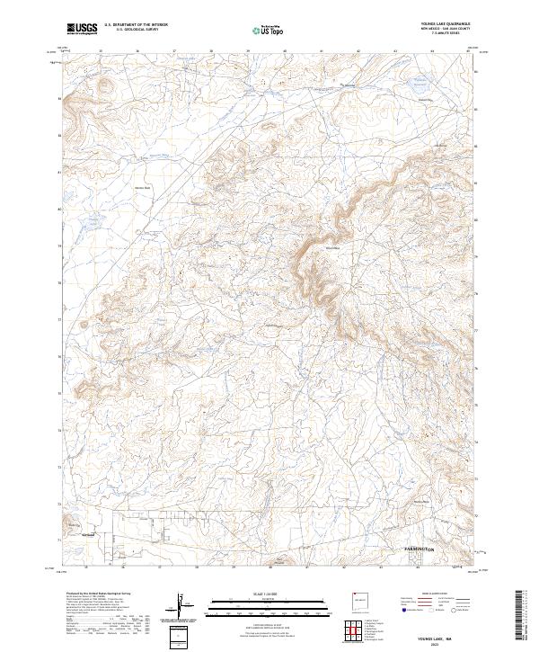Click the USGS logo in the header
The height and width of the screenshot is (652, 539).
[x=82, y=29]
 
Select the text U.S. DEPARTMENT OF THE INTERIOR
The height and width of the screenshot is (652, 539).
[x=136, y=26]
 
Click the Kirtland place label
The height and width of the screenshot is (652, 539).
[x=88, y=537]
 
